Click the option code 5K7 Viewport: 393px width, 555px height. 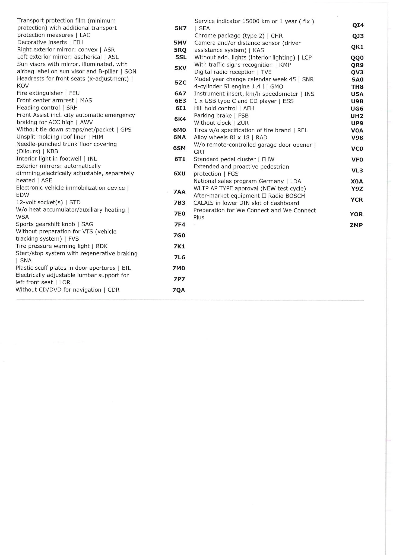(x=181, y=28)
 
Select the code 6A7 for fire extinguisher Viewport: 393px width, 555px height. (x=180, y=94)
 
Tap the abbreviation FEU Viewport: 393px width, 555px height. (x=74, y=93)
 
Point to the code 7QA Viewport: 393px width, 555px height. (x=179, y=290)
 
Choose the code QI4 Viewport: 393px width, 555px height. (x=358, y=25)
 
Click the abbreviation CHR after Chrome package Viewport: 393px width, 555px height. (x=277, y=36)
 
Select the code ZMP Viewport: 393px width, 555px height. (x=356, y=225)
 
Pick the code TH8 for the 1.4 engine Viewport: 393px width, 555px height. (x=357, y=87)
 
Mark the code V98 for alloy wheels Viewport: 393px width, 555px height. (x=357, y=138)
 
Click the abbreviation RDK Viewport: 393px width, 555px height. (x=102, y=246)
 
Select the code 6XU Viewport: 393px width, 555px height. (x=179, y=174)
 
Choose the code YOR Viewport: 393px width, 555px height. (x=356, y=214)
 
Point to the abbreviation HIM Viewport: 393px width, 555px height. (x=97, y=137)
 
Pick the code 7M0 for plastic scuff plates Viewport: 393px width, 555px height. (x=179, y=268)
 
